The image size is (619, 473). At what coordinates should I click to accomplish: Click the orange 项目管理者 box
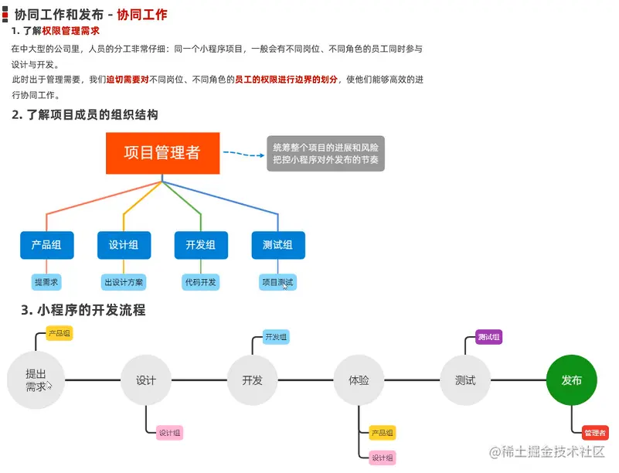pos(162,153)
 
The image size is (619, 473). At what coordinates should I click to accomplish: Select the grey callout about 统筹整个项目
pos(325,153)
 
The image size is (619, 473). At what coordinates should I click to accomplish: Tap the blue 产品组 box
pos(46,245)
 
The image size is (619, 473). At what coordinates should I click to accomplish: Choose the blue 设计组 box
pos(124,245)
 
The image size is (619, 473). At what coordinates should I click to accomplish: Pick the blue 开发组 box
pos(201,245)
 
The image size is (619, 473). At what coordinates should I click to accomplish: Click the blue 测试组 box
pos(278,245)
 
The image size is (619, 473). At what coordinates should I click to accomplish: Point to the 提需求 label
pos(46,282)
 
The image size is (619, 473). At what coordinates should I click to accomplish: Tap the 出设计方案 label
pos(124,282)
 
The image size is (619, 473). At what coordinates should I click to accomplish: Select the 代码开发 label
pos(201,282)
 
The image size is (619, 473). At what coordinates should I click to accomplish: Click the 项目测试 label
pos(277,282)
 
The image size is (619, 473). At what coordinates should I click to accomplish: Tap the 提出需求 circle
pos(36,380)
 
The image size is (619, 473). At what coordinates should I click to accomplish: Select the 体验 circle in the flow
pos(359,380)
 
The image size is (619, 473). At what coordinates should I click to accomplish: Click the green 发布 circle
pos(572,380)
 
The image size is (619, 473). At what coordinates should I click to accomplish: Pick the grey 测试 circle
pos(465,380)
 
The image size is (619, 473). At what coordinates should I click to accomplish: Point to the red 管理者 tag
pos(594,433)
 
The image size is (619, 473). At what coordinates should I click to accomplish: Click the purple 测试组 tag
pos(489,337)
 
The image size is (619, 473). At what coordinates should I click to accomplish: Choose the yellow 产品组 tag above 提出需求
pos(60,333)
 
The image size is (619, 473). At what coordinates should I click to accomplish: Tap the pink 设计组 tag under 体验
pos(383,458)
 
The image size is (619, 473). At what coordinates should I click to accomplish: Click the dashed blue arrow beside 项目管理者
pos(243,154)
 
